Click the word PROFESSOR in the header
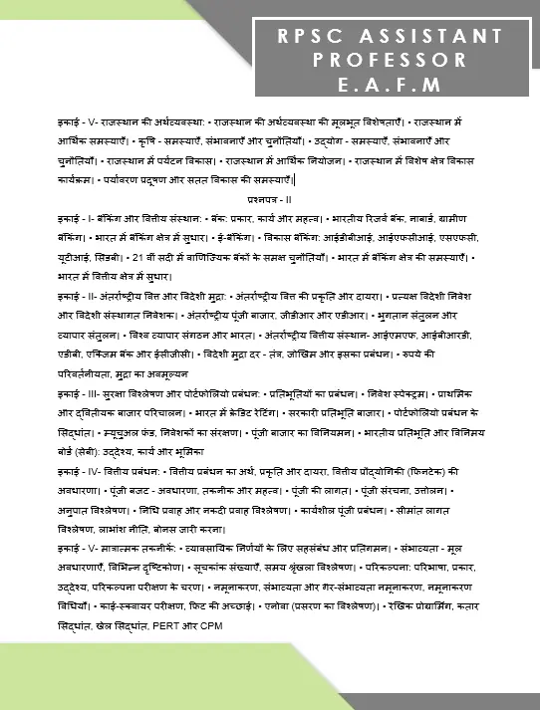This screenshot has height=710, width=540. coord(390,60)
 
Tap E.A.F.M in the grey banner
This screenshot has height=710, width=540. coord(390,84)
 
